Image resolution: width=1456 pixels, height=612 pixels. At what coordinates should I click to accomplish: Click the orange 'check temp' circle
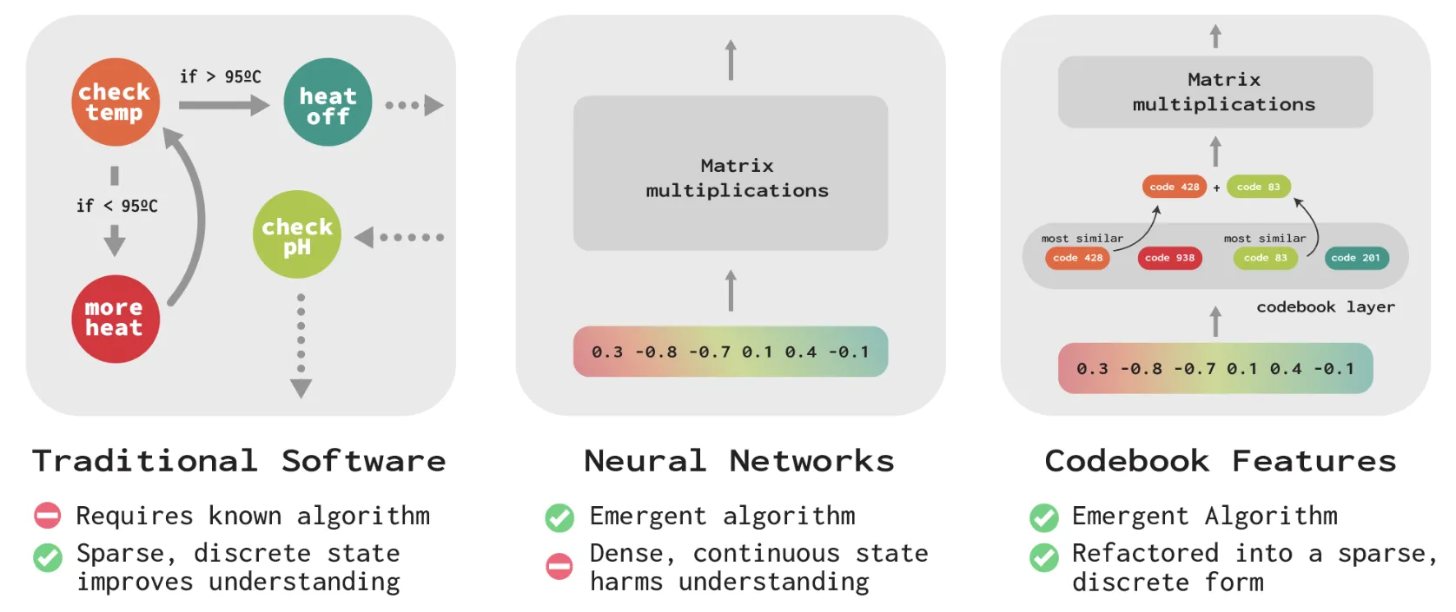(x=115, y=102)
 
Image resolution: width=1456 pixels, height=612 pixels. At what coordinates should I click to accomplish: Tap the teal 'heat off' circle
(x=328, y=102)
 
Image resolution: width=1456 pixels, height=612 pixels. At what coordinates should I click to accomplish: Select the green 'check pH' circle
(x=297, y=234)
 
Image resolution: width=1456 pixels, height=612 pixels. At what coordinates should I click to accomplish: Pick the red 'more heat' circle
(x=115, y=319)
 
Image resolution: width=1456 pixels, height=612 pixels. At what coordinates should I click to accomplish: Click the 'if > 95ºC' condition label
(x=221, y=76)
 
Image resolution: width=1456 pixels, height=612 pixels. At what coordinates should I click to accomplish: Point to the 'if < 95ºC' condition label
(x=117, y=206)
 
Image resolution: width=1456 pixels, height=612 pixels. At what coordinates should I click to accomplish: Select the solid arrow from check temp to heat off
(x=224, y=105)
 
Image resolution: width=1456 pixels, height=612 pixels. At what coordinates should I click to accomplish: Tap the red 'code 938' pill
(x=1170, y=258)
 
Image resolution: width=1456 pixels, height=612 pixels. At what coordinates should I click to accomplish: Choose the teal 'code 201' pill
(x=1357, y=258)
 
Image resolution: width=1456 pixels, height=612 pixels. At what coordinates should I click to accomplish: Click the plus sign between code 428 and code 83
(x=1216, y=188)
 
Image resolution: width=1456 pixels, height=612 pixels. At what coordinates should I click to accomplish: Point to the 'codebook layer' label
(x=1326, y=306)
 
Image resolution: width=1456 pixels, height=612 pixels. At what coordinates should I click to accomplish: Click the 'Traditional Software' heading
(x=239, y=461)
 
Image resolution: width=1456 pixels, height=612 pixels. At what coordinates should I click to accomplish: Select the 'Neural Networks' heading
(x=739, y=461)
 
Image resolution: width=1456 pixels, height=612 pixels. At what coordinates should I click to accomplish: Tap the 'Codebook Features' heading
(x=1220, y=461)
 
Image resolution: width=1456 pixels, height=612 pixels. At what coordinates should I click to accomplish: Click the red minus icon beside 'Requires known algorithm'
(x=48, y=516)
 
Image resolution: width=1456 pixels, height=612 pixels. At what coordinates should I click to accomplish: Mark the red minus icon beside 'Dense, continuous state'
(x=559, y=566)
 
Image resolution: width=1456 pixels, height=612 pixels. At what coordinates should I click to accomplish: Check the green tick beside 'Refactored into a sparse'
(x=1044, y=557)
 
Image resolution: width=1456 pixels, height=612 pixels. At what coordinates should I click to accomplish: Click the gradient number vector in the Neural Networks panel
(x=731, y=352)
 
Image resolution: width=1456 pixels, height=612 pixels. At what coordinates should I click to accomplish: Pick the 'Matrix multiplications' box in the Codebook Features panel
(x=1215, y=92)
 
